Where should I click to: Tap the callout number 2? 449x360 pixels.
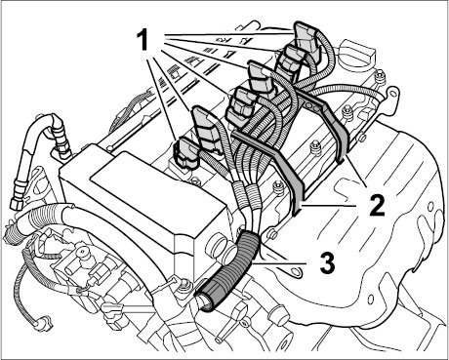pos(377,206)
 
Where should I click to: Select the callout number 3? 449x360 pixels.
pos(326,262)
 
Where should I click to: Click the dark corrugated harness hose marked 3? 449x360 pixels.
pos(230,270)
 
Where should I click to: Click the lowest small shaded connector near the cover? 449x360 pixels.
pos(187,154)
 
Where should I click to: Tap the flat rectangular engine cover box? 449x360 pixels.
pos(143,192)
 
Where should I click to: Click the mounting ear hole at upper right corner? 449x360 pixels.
pos(394,94)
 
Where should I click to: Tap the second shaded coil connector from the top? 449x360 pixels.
pos(291,60)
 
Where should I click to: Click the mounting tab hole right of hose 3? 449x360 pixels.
pos(296,270)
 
